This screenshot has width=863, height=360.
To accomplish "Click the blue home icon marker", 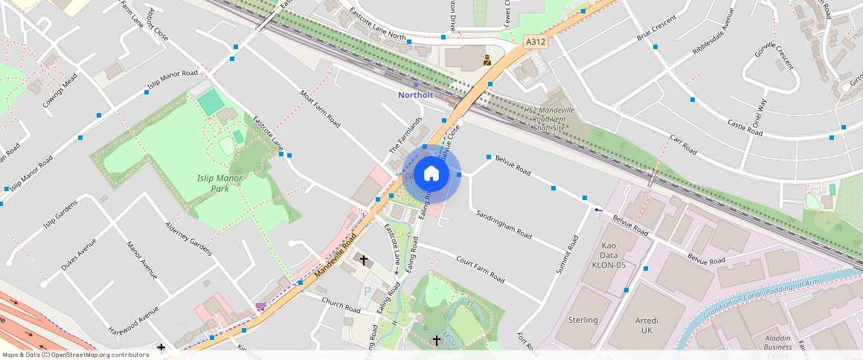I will [x=431, y=174].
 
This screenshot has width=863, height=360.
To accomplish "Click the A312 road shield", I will [x=536, y=42].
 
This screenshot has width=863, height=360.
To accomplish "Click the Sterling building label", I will [x=583, y=320].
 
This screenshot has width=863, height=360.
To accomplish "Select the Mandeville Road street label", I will [x=336, y=254].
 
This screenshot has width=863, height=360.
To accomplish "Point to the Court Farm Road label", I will [x=480, y=271].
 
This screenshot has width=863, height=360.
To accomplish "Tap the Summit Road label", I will [x=567, y=254].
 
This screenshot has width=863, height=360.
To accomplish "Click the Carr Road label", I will [x=682, y=144].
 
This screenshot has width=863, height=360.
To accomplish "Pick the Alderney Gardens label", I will [x=190, y=238].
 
